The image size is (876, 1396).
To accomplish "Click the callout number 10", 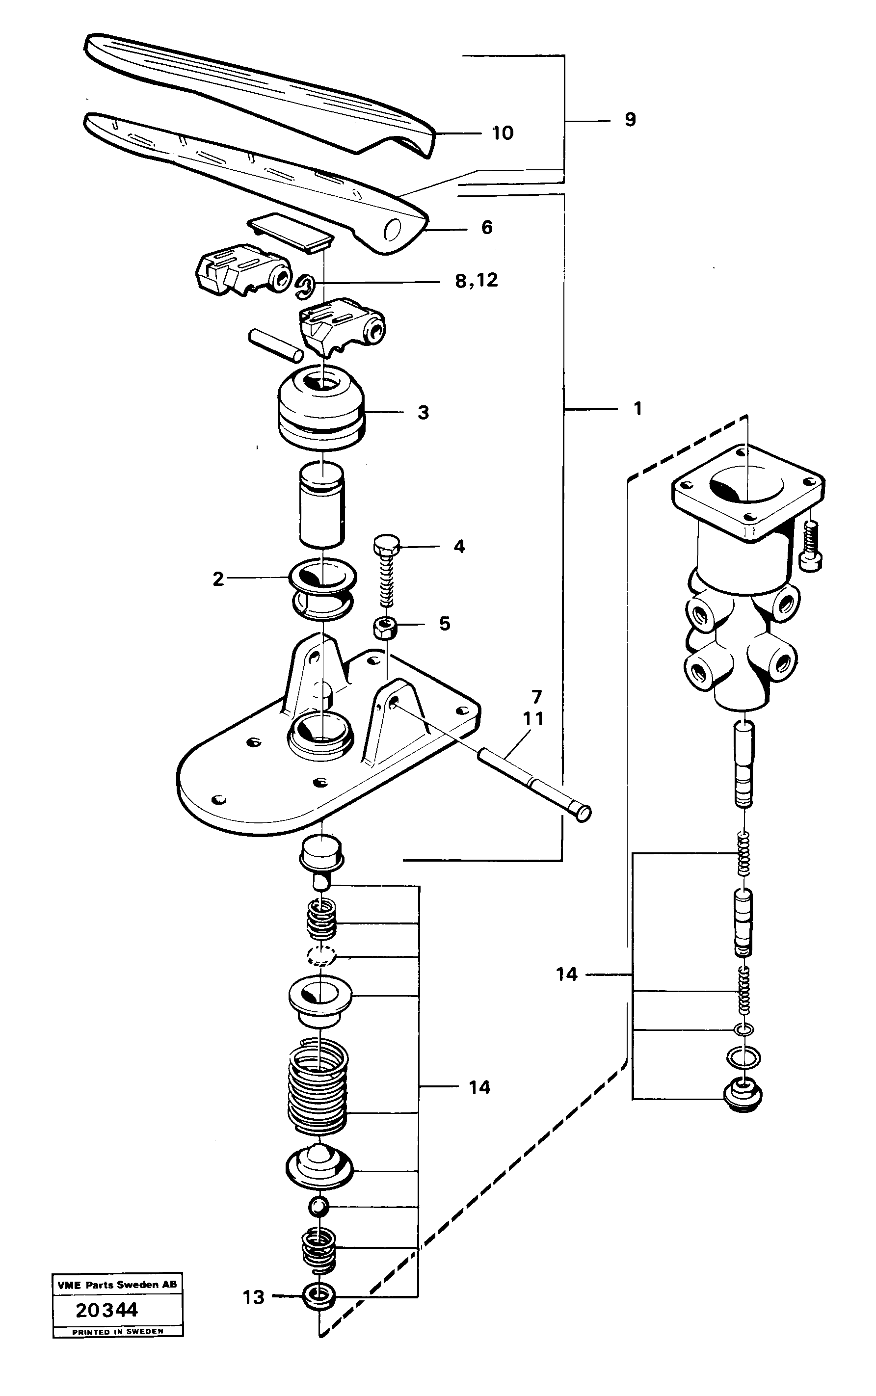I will click(503, 133).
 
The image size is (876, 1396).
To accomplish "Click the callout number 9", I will click(630, 120).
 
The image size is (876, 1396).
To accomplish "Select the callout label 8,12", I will click(476, 281).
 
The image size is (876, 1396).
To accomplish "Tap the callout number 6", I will click(487, 228).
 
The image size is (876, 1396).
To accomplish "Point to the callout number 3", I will click(423, 413).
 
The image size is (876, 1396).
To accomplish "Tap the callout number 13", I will click(253, 1297).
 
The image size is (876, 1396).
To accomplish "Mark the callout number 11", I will click(533, 719).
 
